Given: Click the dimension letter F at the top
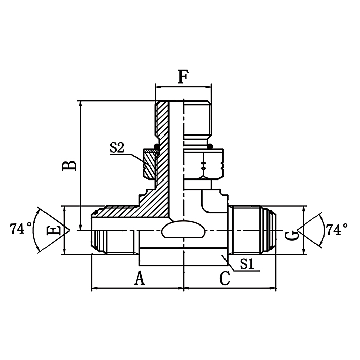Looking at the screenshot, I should [x=183, y=77].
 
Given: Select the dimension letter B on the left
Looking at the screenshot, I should [x=70, y=165].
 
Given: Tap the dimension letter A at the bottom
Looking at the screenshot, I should [x=138, y=278].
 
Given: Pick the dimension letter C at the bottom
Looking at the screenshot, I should [x=224, y=278].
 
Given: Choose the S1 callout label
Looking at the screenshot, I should [x=247, y=263].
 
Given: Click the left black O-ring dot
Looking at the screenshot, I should [x=157, y=147].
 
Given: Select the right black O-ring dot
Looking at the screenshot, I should [x=210, y=147].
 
